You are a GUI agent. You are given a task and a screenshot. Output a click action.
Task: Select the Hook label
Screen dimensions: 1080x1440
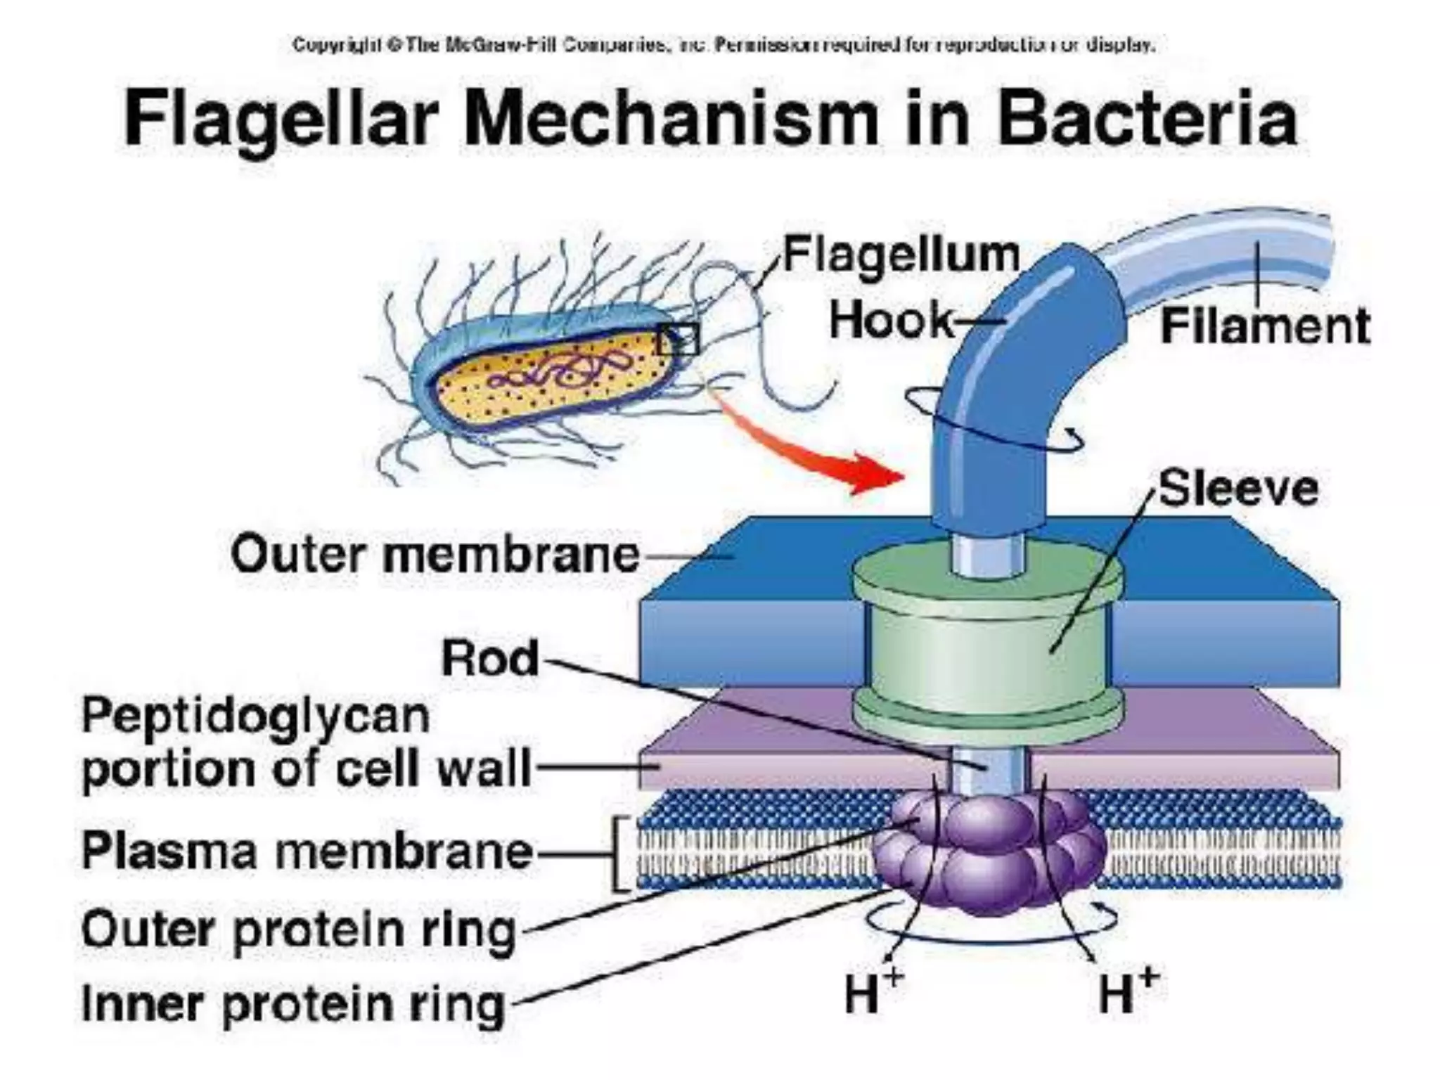(x=891, y=321)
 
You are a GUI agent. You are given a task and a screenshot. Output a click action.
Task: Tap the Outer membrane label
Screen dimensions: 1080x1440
(x=434, y=555)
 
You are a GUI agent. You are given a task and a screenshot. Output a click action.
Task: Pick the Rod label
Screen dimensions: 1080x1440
(x=490, y=659)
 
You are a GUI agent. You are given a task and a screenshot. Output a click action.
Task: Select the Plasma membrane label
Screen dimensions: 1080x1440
(x=307, y=851)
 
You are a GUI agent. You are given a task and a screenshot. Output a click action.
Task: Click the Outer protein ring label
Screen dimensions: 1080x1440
(x=299, y=930)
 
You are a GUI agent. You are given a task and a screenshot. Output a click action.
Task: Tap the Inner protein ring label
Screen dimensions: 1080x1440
(x=293, y=1003)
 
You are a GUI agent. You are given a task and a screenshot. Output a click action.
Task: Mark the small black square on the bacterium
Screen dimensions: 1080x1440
(x=678, y=340)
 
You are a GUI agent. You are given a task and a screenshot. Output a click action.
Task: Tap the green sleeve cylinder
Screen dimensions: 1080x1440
(x=987, y=647)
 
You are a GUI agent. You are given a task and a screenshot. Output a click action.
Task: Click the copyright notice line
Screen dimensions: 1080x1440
(x=724, y=46)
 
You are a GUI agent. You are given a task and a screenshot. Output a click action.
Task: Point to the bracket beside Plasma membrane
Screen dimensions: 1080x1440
(x=619, y=853)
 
